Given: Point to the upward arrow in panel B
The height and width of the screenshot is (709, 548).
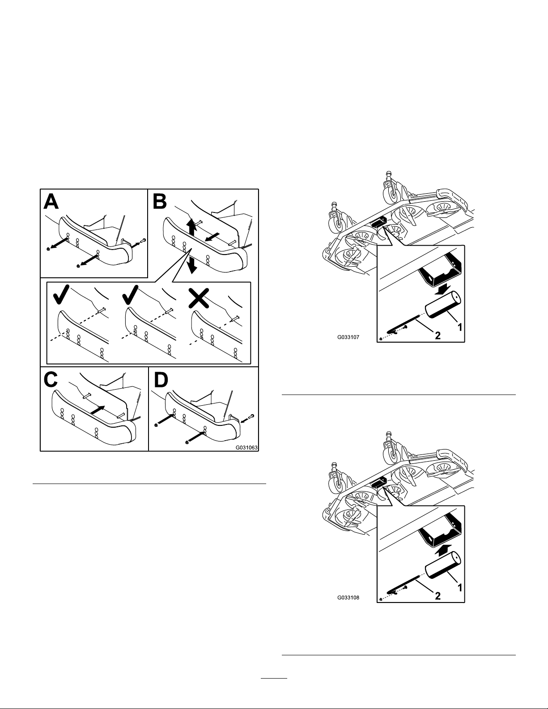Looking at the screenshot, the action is coord(191,227).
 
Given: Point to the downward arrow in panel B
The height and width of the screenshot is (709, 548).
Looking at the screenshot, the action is coord(193,263).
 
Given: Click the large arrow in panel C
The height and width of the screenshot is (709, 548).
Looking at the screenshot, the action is coord(98,409).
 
